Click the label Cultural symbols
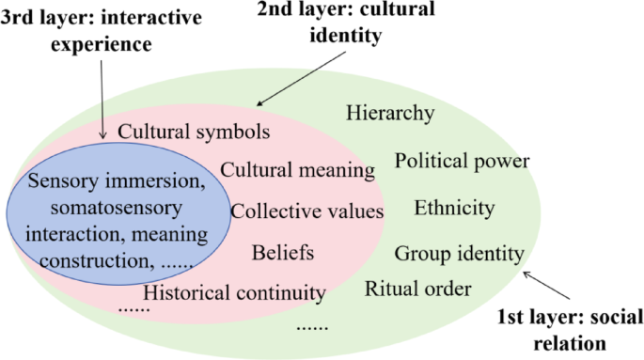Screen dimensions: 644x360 click(195, 131)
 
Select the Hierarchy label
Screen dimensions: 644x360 click(390, 114)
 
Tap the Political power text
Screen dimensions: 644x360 click(462, 160)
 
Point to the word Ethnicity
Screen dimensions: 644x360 click(454, 207)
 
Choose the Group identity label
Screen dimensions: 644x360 click(459, 253)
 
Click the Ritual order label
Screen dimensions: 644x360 click(417, 288)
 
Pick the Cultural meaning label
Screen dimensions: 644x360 click(298, 170)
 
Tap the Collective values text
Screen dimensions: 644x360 click(306, 211)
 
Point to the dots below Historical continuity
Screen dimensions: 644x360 click(134, 307)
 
